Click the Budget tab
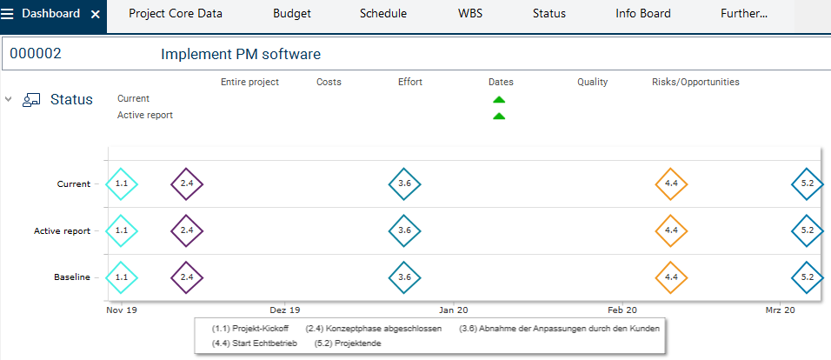[291, 14]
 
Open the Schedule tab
[382, 14]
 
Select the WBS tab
[471, 14]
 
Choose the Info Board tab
[642, 14]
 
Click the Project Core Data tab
[176, 14]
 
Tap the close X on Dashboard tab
[95, 15]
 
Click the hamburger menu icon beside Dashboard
[8, 14]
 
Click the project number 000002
[36, 54]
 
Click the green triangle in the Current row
[499, 99]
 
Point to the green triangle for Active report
[499, 116]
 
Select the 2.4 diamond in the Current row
[187, 183]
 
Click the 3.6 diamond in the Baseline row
[404, 277]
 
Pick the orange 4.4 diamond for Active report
[670, 230]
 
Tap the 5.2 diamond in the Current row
[807, 183]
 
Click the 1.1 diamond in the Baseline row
[122, 277]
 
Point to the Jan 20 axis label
[454, 310]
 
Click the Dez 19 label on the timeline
[284, 310]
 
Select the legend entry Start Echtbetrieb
[256, 343]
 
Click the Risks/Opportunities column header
[695, 82]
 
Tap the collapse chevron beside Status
[9, 99]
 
